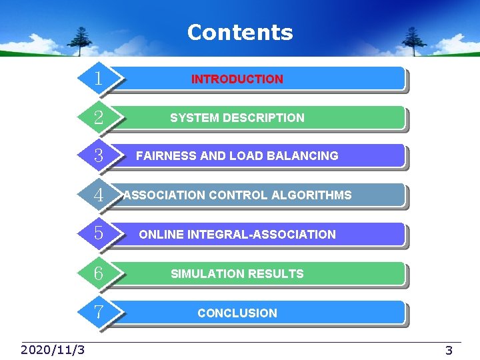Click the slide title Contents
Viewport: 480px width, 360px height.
(x=240, y=32)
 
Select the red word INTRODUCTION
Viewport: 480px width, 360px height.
(x=237, y=79)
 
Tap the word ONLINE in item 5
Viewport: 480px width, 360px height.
(x=161, y=234)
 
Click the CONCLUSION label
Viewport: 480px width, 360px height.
(x=237, y=313)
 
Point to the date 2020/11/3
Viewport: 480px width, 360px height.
(x=53, y=350)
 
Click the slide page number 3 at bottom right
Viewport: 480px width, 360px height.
(x=449, y=351)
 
